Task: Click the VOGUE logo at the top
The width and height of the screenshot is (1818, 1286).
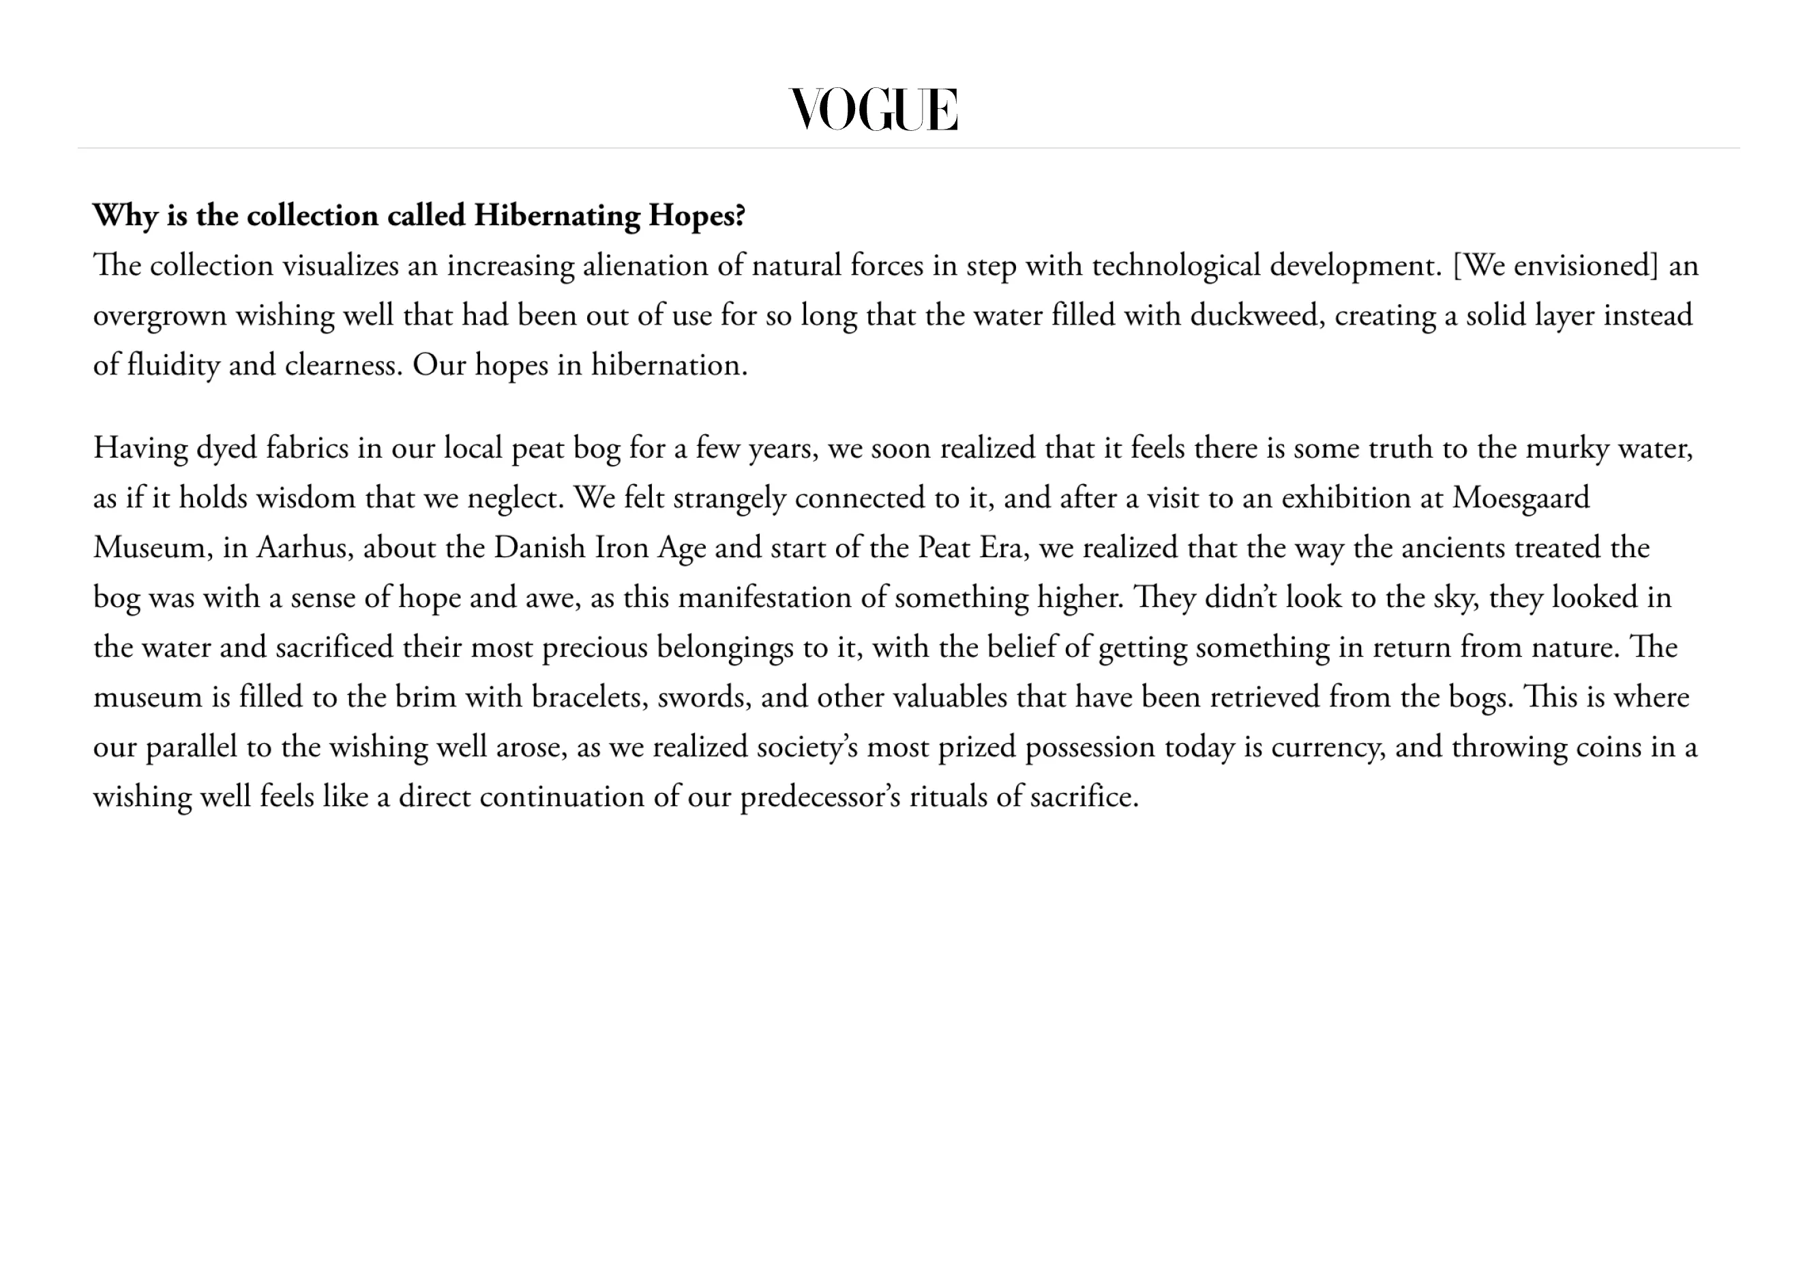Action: pos(874,109)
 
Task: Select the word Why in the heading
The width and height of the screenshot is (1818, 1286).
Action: pos(125,215)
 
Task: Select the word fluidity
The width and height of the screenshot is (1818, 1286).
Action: pos(173,365)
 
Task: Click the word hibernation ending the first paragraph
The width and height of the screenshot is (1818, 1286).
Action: pos(668,365)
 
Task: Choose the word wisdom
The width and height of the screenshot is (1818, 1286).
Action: pos(306,498)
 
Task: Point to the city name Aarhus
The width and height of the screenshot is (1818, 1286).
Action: pos(304,548)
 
